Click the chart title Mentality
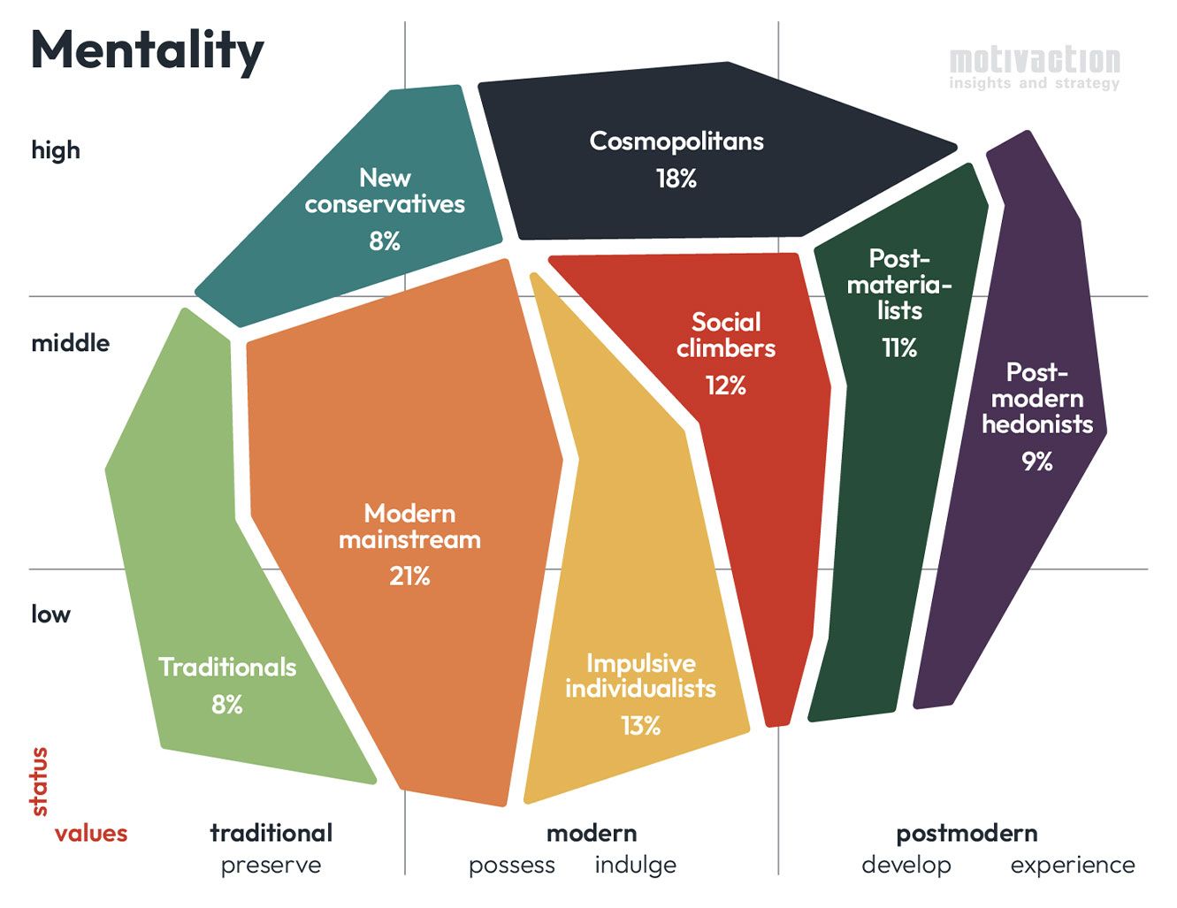click(147, 51)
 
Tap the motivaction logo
click(1034, 68)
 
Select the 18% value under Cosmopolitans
click(676, 179)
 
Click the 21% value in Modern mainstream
click(409, 576)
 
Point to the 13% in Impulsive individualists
click(640, 726)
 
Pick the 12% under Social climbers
click(725, 385)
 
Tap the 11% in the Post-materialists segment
click(899, 348)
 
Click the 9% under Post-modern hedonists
click(1036, 462)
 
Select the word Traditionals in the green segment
click(227, 667)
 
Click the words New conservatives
click(385, 191)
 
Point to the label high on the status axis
click(56, 150)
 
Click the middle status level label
click(71, 343)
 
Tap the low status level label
click(50, 614)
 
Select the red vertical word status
click(39, 782)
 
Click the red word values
click(91, 833)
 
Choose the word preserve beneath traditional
click(271, 865)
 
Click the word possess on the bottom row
click(512, 865)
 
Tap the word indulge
click(635, 865)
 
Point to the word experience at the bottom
click(1073, 865)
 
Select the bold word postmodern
click(967, 833)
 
